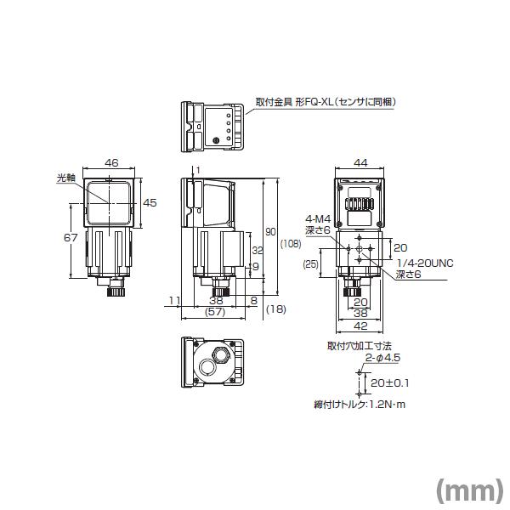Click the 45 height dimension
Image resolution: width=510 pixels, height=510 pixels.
pos(150,202)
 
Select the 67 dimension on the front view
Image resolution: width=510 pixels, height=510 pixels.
pos(71,239)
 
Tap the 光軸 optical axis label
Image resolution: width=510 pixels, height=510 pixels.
pos(65,178)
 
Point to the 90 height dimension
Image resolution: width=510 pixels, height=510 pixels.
pos(271,231)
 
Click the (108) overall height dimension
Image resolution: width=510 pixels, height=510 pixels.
pos(289,244)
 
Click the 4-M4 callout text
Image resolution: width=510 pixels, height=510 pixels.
pos(316,218)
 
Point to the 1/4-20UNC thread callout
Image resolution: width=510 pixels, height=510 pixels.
pos(425,263)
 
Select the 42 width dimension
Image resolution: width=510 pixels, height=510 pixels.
pos(360,326)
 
